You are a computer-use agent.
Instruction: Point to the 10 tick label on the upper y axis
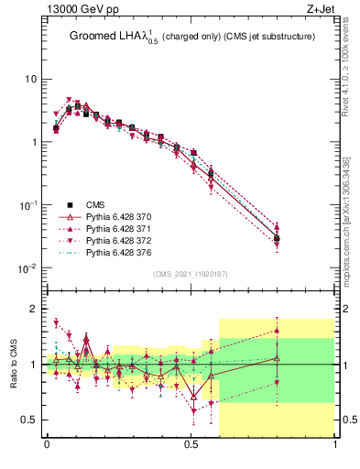tap(30, 79)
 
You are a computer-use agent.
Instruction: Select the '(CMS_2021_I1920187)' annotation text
tap(191, 274)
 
